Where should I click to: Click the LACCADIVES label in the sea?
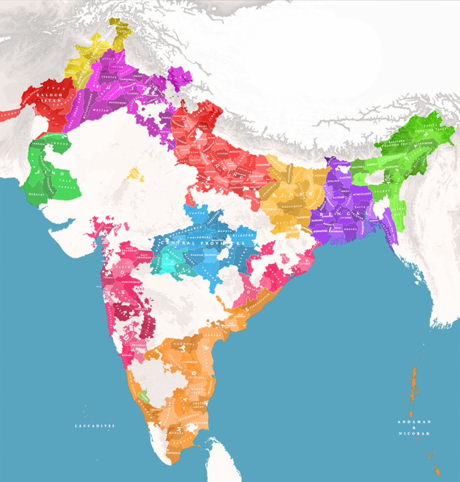click(95, 425)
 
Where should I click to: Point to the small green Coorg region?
click(144, 396)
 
